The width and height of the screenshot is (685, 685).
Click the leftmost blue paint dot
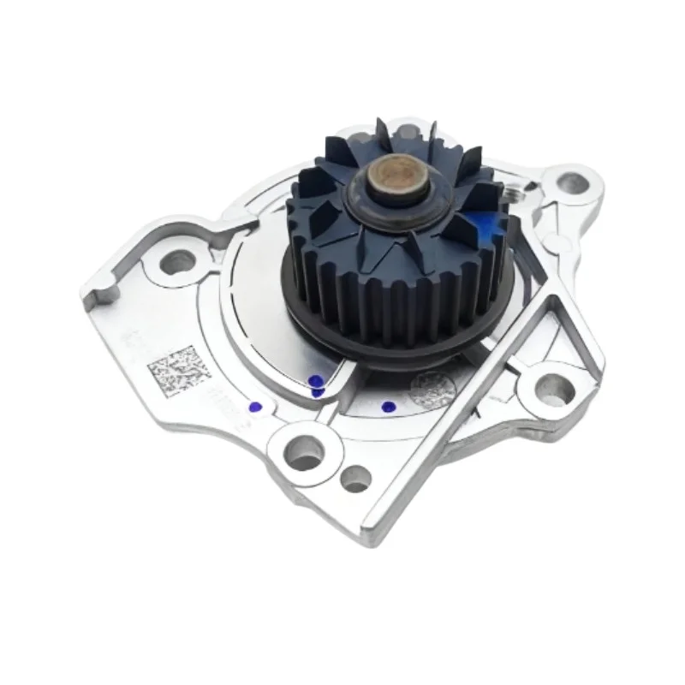253,407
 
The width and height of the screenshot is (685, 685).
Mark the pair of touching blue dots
317,386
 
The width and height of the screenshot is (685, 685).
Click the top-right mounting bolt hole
573,182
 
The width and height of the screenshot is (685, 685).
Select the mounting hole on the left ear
177,263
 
